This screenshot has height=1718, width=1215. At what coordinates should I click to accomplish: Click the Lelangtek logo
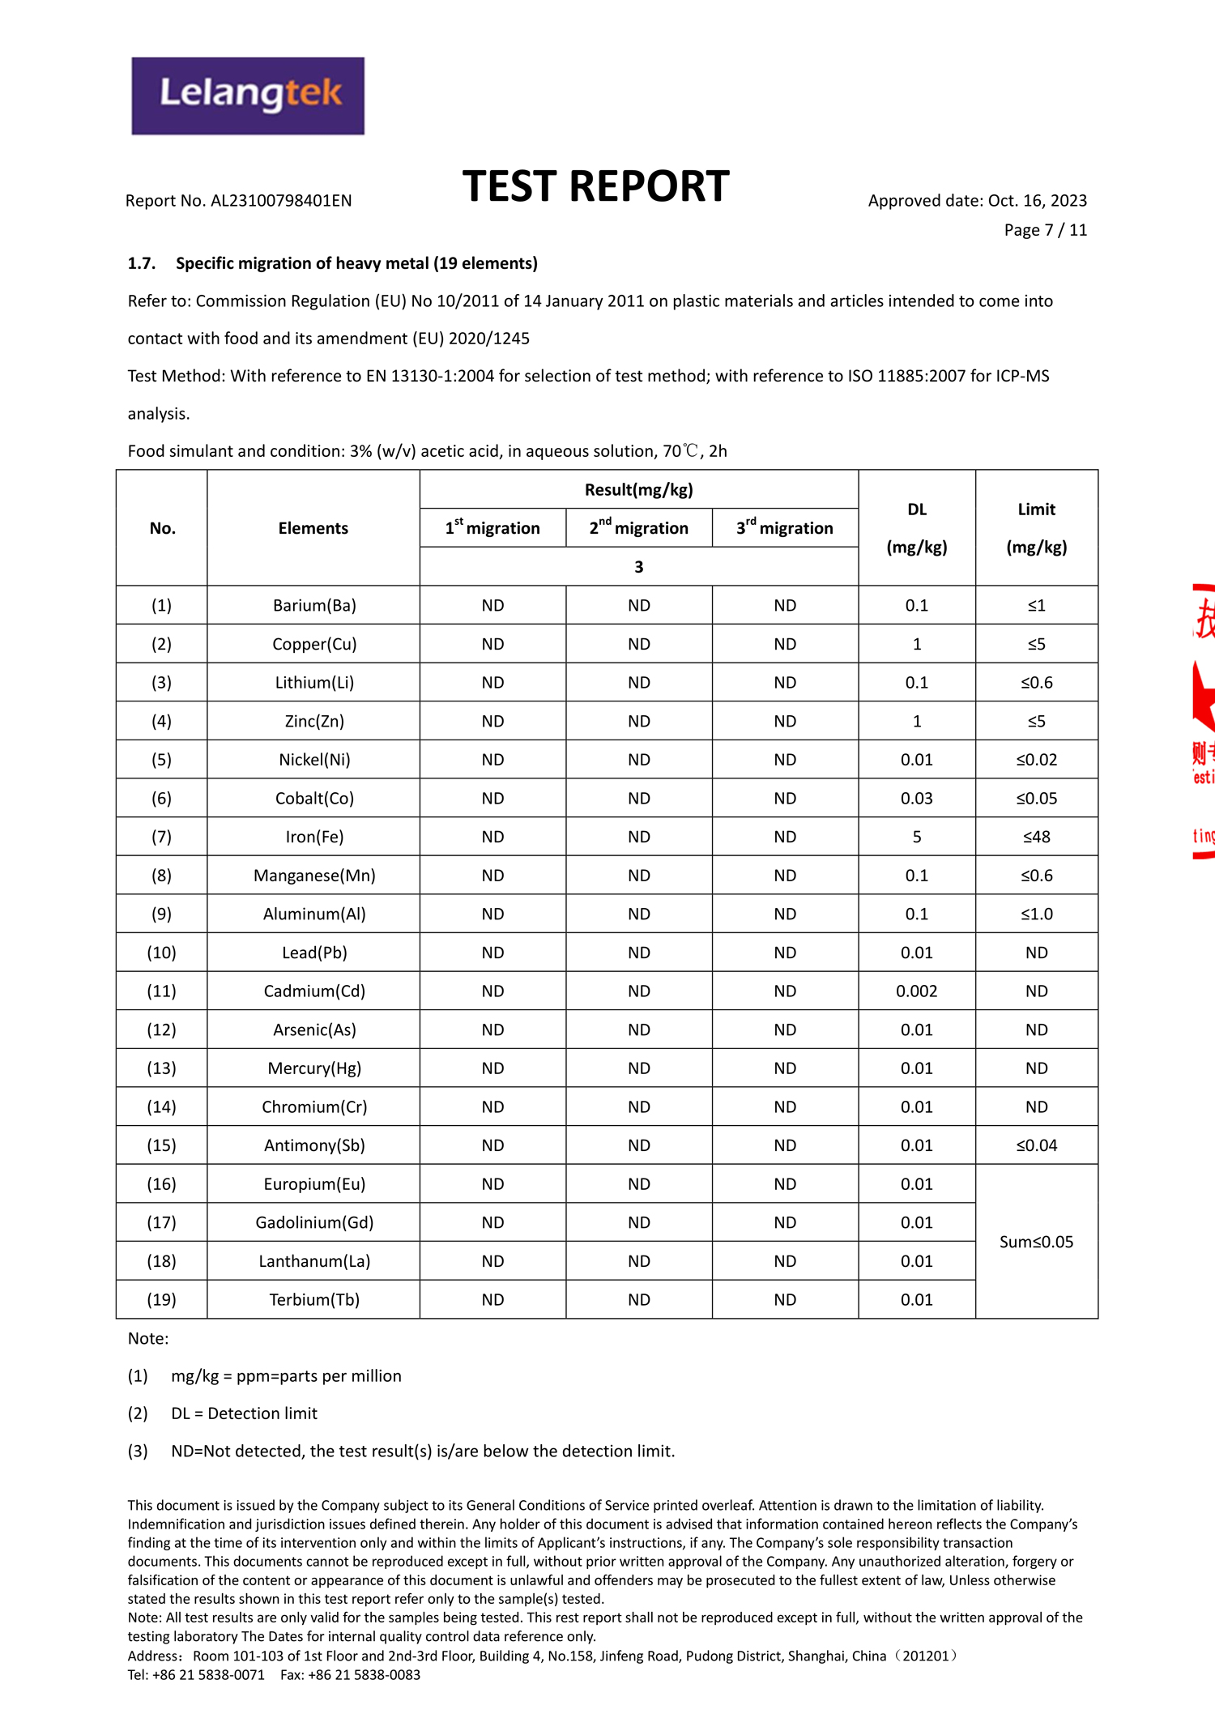pyautogui.click(x=248, y=96)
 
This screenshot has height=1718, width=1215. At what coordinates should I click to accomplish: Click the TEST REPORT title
pyautogui.click(x=595, y=186)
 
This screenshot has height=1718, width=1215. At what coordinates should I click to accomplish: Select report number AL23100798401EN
pyautogui.click(x=280, y=201)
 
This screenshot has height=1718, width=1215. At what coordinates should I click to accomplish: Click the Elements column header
pyautogui.click(x=313, y=528)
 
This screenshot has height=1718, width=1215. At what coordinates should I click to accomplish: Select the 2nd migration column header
pyautogui.click(x=639, y=528)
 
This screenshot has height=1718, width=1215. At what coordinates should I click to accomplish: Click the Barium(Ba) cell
pyautogui.click(x=314, y=605)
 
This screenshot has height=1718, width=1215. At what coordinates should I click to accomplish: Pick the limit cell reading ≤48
pyautogui.click(x=1036, y=837)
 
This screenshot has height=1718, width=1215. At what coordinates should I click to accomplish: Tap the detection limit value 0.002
pyautogui.click(x=916, y=991)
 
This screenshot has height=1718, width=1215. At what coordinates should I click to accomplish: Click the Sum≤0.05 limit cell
pyautogui.click(x=1036, y=1242)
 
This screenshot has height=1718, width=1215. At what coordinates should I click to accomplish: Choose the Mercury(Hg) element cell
pyautogui.click(x=314, y=1068)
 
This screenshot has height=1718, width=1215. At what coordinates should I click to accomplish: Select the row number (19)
pyautogui.click(x=161, y=1299)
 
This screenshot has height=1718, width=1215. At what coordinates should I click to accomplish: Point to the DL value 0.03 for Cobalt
pyautogui.click(x=916, y=798)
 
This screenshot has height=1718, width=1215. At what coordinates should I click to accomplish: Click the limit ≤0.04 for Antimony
pyautogui.click(x=1036, y=1145)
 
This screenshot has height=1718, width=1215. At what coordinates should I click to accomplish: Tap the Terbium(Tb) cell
pyautogui.click(x=314, y=1299)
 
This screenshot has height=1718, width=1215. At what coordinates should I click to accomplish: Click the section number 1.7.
pyautogui.click(x=141, y=263)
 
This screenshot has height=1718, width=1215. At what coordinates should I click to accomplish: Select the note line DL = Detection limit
pyautogui.click(x=244, y=1413)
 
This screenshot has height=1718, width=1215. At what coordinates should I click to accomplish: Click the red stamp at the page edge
pyautogui.click(x=1203, y=721)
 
